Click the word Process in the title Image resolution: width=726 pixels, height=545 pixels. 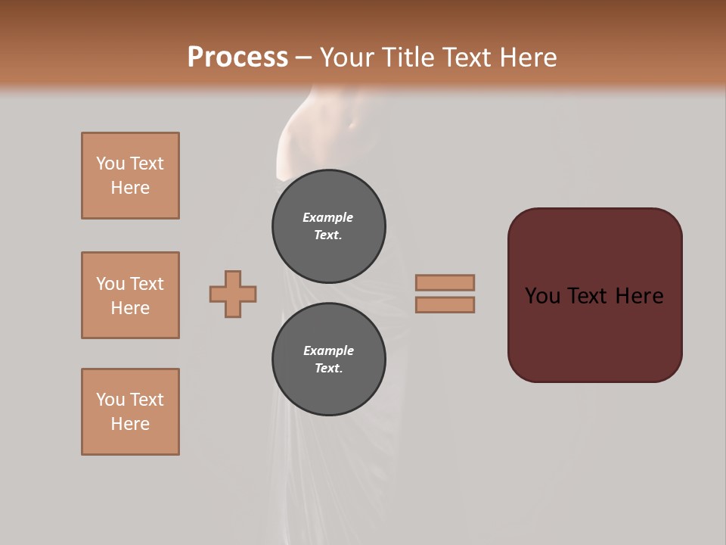(237, 58)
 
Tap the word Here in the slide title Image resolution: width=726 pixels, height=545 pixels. (526, 58)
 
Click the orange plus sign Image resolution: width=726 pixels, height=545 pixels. (233, 294)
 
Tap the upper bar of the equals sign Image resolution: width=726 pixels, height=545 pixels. (445, 282)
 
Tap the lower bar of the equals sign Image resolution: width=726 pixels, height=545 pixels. (445, 304)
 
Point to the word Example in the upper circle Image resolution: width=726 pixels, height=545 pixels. (328, 217)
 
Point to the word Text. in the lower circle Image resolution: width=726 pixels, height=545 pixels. (328, 369)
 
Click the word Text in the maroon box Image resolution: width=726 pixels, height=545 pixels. (590, 296)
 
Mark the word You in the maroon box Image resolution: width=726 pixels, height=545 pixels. (542, 296)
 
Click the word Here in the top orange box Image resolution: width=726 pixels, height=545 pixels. (130, 188)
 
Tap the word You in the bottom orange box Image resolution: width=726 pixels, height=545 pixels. (110, 400)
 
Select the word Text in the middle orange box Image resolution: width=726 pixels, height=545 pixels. (147, 284)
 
